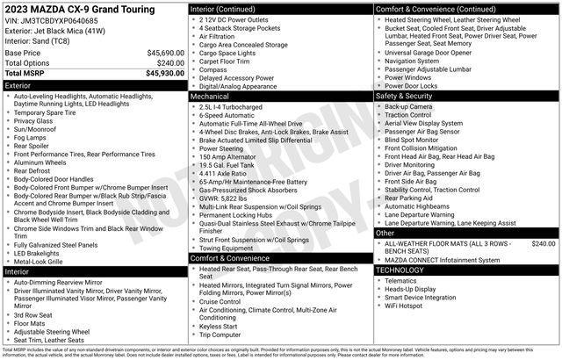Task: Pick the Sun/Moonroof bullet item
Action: coord(35,129)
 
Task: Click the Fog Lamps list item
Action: coord(32,138)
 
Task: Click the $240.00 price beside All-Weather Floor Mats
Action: coord(544,243)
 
